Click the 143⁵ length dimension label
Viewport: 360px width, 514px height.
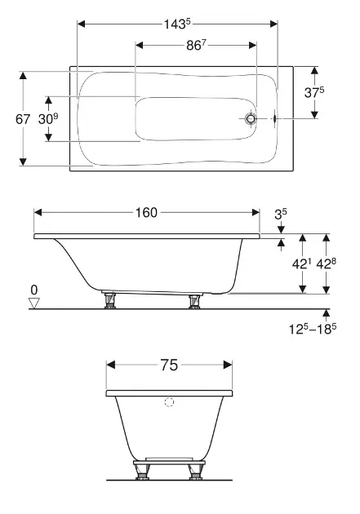pos(177,24)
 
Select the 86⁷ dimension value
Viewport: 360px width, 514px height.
pos(196,45)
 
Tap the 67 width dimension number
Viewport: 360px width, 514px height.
pos(23,119)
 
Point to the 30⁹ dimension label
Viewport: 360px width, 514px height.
pos(48,119)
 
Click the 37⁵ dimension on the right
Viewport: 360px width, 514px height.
pos(314,92)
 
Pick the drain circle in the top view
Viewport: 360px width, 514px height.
pos(251,118)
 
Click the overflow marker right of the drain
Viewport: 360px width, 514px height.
pos(275,118)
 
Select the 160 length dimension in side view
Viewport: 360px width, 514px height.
pos(147,212)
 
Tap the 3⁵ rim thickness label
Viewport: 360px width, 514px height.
pos(281,215)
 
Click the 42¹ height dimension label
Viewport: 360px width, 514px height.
pos(301,264)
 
